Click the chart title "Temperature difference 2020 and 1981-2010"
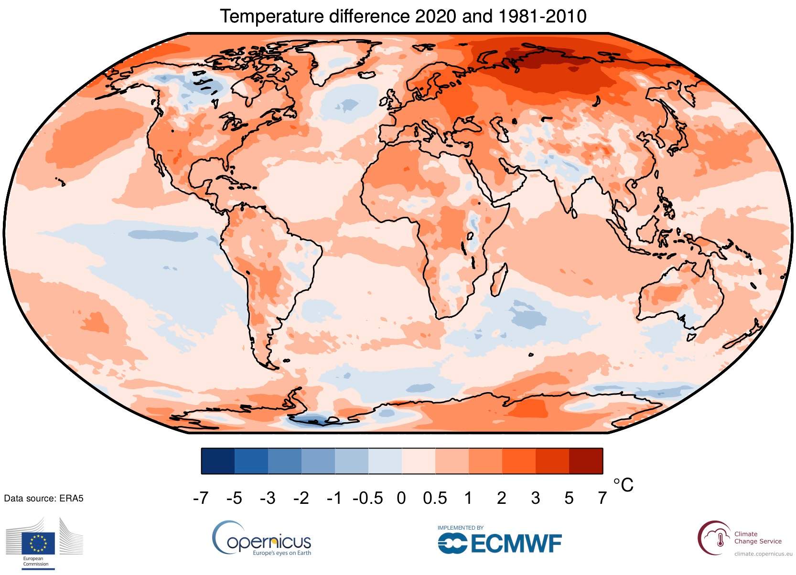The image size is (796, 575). point(403,16)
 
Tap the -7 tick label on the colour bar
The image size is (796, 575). point(201,498)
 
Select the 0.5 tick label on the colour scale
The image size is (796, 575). point(434,498)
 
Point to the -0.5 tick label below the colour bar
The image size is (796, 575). point(367,498)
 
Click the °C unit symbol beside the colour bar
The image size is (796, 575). point(623,485)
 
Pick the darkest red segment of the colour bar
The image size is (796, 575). point(586,461)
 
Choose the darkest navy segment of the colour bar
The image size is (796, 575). point(218,461)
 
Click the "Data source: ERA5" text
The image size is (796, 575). point(43,498)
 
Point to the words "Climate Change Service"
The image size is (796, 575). point(757,538)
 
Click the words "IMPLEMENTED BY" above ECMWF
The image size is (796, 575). point(460,528)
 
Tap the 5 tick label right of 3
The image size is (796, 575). point(568,498)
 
